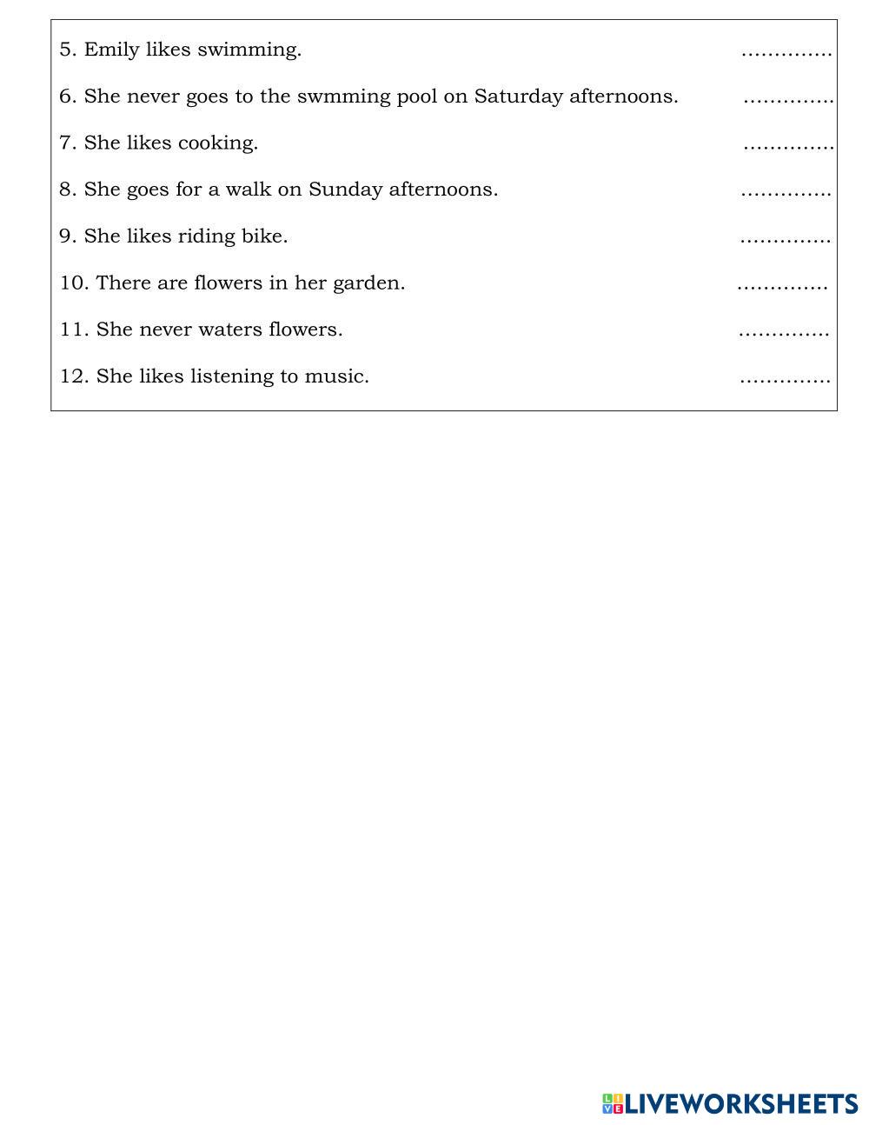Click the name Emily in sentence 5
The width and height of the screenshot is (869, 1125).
click(x=111, y=50)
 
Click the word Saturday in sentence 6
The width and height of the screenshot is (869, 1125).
click(x=518, y=97)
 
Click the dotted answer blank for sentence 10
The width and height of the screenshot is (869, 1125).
click(x=782, y=287)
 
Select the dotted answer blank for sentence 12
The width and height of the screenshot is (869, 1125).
click(x=785, y=380)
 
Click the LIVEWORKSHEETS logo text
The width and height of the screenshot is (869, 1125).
click(x=741, y=1104)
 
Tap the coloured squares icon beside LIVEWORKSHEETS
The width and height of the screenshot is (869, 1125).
click(x=613, y=1104)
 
